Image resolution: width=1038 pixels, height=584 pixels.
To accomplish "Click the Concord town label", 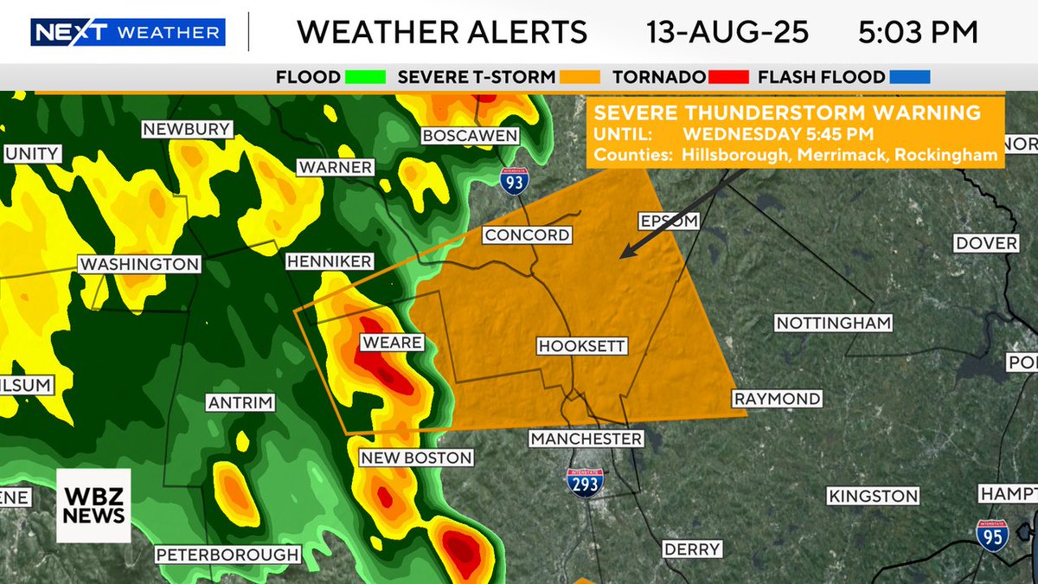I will coord(527,235).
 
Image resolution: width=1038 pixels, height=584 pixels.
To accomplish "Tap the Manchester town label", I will coord(586,439).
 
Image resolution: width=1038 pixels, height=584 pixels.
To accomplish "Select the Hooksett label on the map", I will coord(581,346).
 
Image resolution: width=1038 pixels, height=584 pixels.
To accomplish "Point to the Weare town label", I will coord(392,343).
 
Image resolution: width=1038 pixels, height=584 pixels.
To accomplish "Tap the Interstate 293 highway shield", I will coord(585,481).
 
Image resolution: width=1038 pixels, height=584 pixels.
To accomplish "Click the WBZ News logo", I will coord(93,505).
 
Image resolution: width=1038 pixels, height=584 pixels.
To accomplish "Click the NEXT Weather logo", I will coord(128,33).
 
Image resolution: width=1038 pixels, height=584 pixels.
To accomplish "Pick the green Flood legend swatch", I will coord(364,77).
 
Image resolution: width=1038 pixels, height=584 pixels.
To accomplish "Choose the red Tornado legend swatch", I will coord(728,77).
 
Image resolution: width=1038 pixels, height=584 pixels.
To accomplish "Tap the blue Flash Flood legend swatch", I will coord(909,77).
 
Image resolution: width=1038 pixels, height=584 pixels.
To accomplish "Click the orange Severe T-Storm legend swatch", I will coord(580,77).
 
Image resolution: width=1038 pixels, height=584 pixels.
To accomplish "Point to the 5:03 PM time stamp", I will coord(919,33).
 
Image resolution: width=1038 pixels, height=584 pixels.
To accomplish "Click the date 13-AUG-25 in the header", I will coord(727,33).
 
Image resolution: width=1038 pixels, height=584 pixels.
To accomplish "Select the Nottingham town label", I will coord(833,324).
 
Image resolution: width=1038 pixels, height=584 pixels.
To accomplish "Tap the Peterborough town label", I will coord(227,555).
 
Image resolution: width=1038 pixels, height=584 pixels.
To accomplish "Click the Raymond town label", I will coord(777,399).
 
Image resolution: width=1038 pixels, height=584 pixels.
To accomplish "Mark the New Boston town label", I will coord(416,458).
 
